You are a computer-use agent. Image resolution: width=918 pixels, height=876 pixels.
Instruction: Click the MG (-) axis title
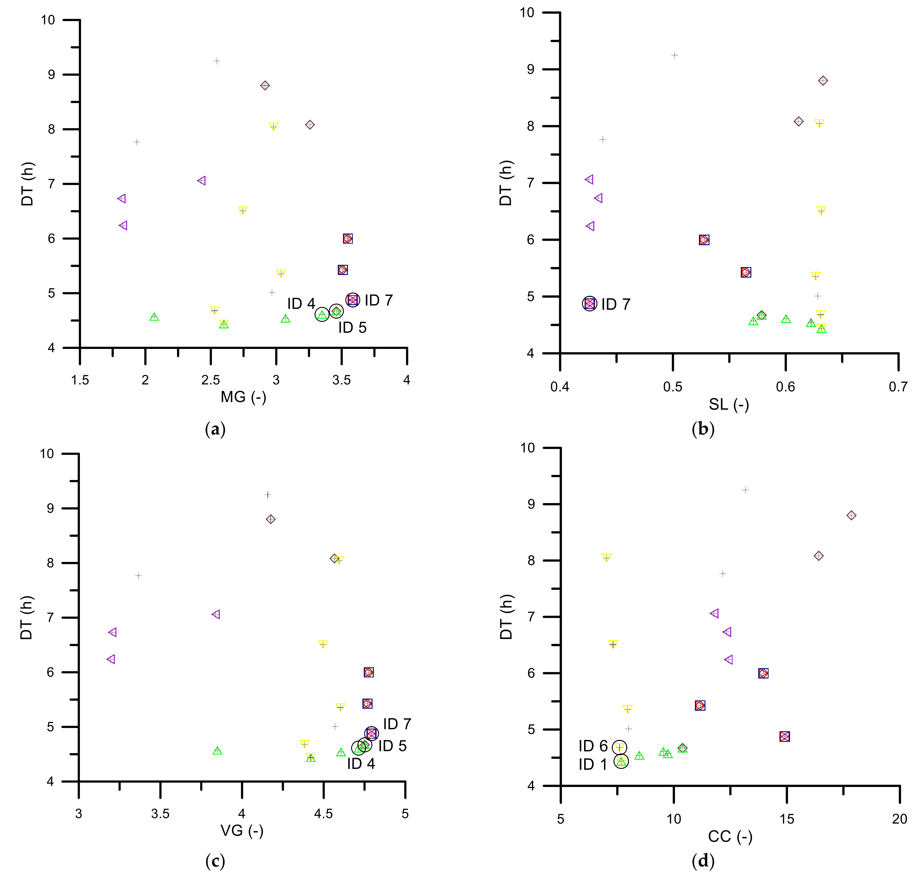243,397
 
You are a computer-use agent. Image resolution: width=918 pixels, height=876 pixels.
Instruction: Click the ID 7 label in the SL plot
616,304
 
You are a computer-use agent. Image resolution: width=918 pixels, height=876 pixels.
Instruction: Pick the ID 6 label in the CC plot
593,746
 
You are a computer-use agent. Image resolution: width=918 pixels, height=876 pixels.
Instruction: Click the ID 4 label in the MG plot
301,304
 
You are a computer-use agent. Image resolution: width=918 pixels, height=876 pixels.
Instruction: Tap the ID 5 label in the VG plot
392,746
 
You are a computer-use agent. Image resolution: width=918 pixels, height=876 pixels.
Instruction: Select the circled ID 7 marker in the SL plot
590,304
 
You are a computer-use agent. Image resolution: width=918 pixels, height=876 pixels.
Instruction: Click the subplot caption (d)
703,861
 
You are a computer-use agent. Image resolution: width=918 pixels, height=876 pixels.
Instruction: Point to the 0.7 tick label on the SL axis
898,387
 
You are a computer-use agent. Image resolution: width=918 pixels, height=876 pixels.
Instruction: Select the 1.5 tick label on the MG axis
80,380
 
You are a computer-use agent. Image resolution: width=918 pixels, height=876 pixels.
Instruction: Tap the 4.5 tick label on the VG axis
323,814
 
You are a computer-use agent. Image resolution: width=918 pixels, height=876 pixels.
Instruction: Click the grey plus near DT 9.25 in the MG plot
217,61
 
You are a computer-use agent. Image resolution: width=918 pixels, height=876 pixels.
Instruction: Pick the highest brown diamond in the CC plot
851,516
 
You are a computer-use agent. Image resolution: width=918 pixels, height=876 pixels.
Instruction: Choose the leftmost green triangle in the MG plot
154,317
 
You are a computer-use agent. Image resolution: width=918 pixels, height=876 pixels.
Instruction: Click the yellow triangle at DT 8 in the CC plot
607,557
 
